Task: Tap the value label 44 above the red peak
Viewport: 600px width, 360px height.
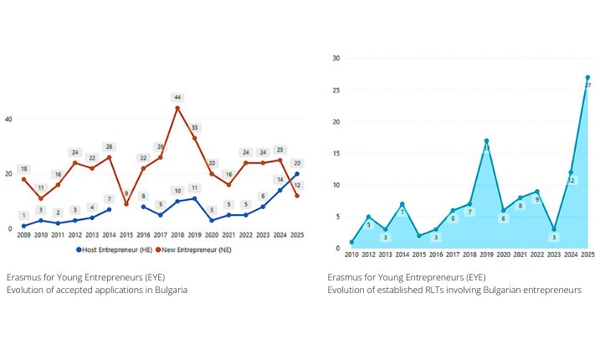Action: tap(177, 97)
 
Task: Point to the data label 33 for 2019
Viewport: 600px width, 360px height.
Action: tap(194, 127)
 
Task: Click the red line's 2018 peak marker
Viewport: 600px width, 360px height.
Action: tap(177, 108)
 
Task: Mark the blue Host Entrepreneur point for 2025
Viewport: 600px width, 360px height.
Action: tap(297, 174)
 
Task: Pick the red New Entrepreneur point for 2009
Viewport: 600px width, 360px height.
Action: tap(23, 179)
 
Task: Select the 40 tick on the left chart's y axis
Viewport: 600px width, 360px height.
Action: tap(8, 119)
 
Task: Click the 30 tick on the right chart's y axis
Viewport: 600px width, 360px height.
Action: tap(336, 58)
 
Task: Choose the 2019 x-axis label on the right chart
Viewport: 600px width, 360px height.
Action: tap(486, 255)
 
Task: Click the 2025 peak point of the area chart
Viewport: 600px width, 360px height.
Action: tap(587, 77)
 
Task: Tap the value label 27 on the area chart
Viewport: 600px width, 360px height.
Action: tap(587, 86)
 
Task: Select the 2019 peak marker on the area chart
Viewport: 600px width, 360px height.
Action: tap(486, 141)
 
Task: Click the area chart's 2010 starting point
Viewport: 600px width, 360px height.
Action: tap(351, 242)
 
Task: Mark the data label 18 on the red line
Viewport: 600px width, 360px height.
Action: tap(23, 168)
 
